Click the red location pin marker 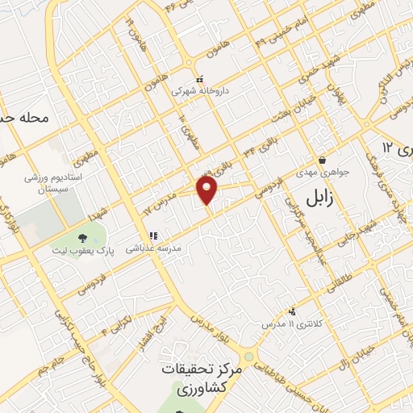coord(208,191)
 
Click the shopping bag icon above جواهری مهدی coord(322,159)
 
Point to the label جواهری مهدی coord(321,172)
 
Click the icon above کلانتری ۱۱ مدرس coord(291,311)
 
